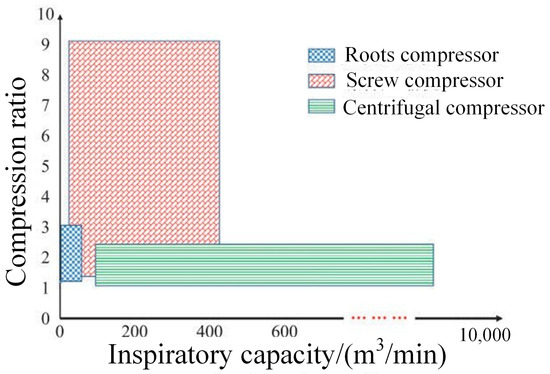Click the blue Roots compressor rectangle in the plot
71,253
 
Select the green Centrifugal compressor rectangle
264,264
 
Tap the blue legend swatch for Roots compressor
320,55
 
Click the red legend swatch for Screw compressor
320,79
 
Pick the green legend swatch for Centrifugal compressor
320,104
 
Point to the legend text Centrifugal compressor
442,105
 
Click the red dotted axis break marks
376,318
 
